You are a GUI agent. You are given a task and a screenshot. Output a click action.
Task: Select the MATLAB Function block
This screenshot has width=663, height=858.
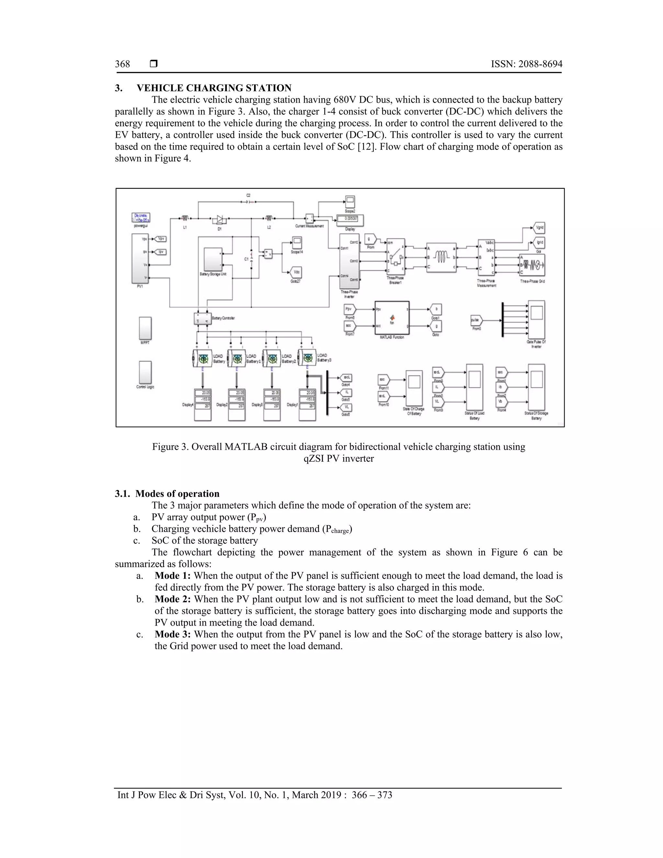[392, 318]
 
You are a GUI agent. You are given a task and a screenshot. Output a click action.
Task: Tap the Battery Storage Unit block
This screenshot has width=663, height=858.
[213, 259]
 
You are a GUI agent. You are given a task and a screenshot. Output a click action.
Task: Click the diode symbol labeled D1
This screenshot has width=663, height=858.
[219, 219]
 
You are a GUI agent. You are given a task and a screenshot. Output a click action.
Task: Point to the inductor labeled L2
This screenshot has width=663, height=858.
[269, 218]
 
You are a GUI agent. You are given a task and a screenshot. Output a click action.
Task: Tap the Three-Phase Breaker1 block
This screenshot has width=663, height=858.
[396, 256]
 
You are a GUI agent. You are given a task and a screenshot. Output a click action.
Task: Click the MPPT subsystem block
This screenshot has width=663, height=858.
[145, 328]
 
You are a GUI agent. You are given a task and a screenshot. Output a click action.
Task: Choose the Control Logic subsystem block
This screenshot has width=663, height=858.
[145, 372]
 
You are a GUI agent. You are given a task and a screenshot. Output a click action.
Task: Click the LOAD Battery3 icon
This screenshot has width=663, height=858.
[307, 359]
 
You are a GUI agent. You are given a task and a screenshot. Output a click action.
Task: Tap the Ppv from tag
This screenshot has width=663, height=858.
[350, 309]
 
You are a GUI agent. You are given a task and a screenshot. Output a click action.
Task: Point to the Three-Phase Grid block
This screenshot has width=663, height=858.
[532, 265]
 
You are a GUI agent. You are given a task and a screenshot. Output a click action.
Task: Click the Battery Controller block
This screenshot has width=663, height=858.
[203, 318]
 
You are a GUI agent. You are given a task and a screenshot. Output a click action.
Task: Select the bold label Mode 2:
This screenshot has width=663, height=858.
[173, 599]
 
